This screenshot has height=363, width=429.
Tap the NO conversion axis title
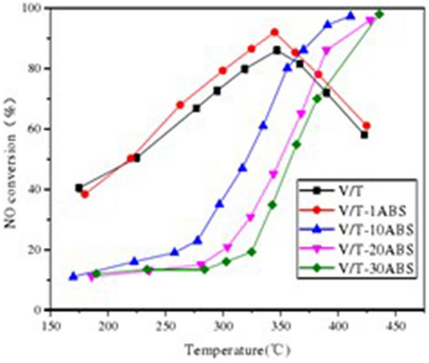tap(12, 160)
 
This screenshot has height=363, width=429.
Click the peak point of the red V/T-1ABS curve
tap(274, 32)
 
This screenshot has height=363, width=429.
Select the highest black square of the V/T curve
tap(277, 50)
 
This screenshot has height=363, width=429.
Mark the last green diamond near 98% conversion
tap(379, 14)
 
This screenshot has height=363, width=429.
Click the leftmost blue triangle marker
tap(73, 276)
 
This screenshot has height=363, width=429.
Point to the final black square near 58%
tap(364, 135)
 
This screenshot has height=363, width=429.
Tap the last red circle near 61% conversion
tap(366, 126)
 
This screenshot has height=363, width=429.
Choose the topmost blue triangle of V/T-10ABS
tap(351, 16)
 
